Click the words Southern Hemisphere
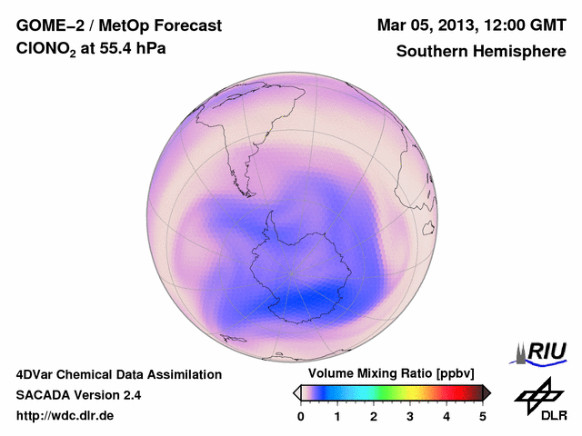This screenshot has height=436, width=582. (x=481, y=52)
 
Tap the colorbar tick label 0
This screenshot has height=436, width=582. (x=301, y=416)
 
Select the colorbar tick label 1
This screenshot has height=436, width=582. (x=337, y=416)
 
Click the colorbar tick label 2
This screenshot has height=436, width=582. (x=374, y=416)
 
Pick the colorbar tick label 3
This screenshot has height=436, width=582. (x=410, y=416)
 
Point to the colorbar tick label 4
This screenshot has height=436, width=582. (x=447, y=416)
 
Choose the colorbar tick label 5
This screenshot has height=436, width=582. (x=483, y=416)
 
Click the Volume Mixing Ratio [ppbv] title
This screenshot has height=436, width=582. (x=387, y=374)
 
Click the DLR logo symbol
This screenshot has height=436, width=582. (x=537, y=392)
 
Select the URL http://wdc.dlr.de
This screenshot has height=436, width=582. (x=65, y=416)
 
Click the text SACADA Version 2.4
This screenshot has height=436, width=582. (x=78, y=395)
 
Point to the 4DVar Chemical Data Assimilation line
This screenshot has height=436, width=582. (x=118, y=374)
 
